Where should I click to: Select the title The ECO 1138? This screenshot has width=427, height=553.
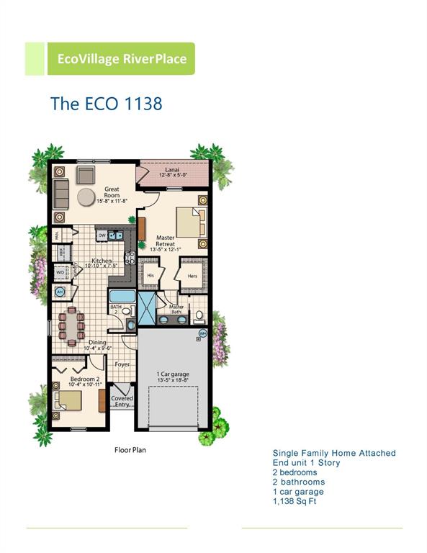click(x=106, y=103)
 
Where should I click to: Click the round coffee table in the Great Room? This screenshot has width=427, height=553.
click(x=87, y=197)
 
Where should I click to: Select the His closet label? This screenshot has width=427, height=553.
click(x=150, y=275)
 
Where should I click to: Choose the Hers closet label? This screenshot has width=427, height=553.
click(x=192, y=275)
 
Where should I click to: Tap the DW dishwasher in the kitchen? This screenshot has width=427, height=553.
click(x=102, y=235)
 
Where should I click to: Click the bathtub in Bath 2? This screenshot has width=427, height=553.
click(x=121, y=296)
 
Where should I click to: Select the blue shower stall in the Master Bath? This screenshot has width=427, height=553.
click(x=147, y=310)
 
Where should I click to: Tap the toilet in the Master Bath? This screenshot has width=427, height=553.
click(x=199, y=315)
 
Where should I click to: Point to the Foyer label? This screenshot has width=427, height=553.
click(x=122, y=365)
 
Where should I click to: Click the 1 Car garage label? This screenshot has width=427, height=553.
click(x=174, y=374)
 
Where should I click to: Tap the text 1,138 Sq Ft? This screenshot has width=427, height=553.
click(x=294, y=501)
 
